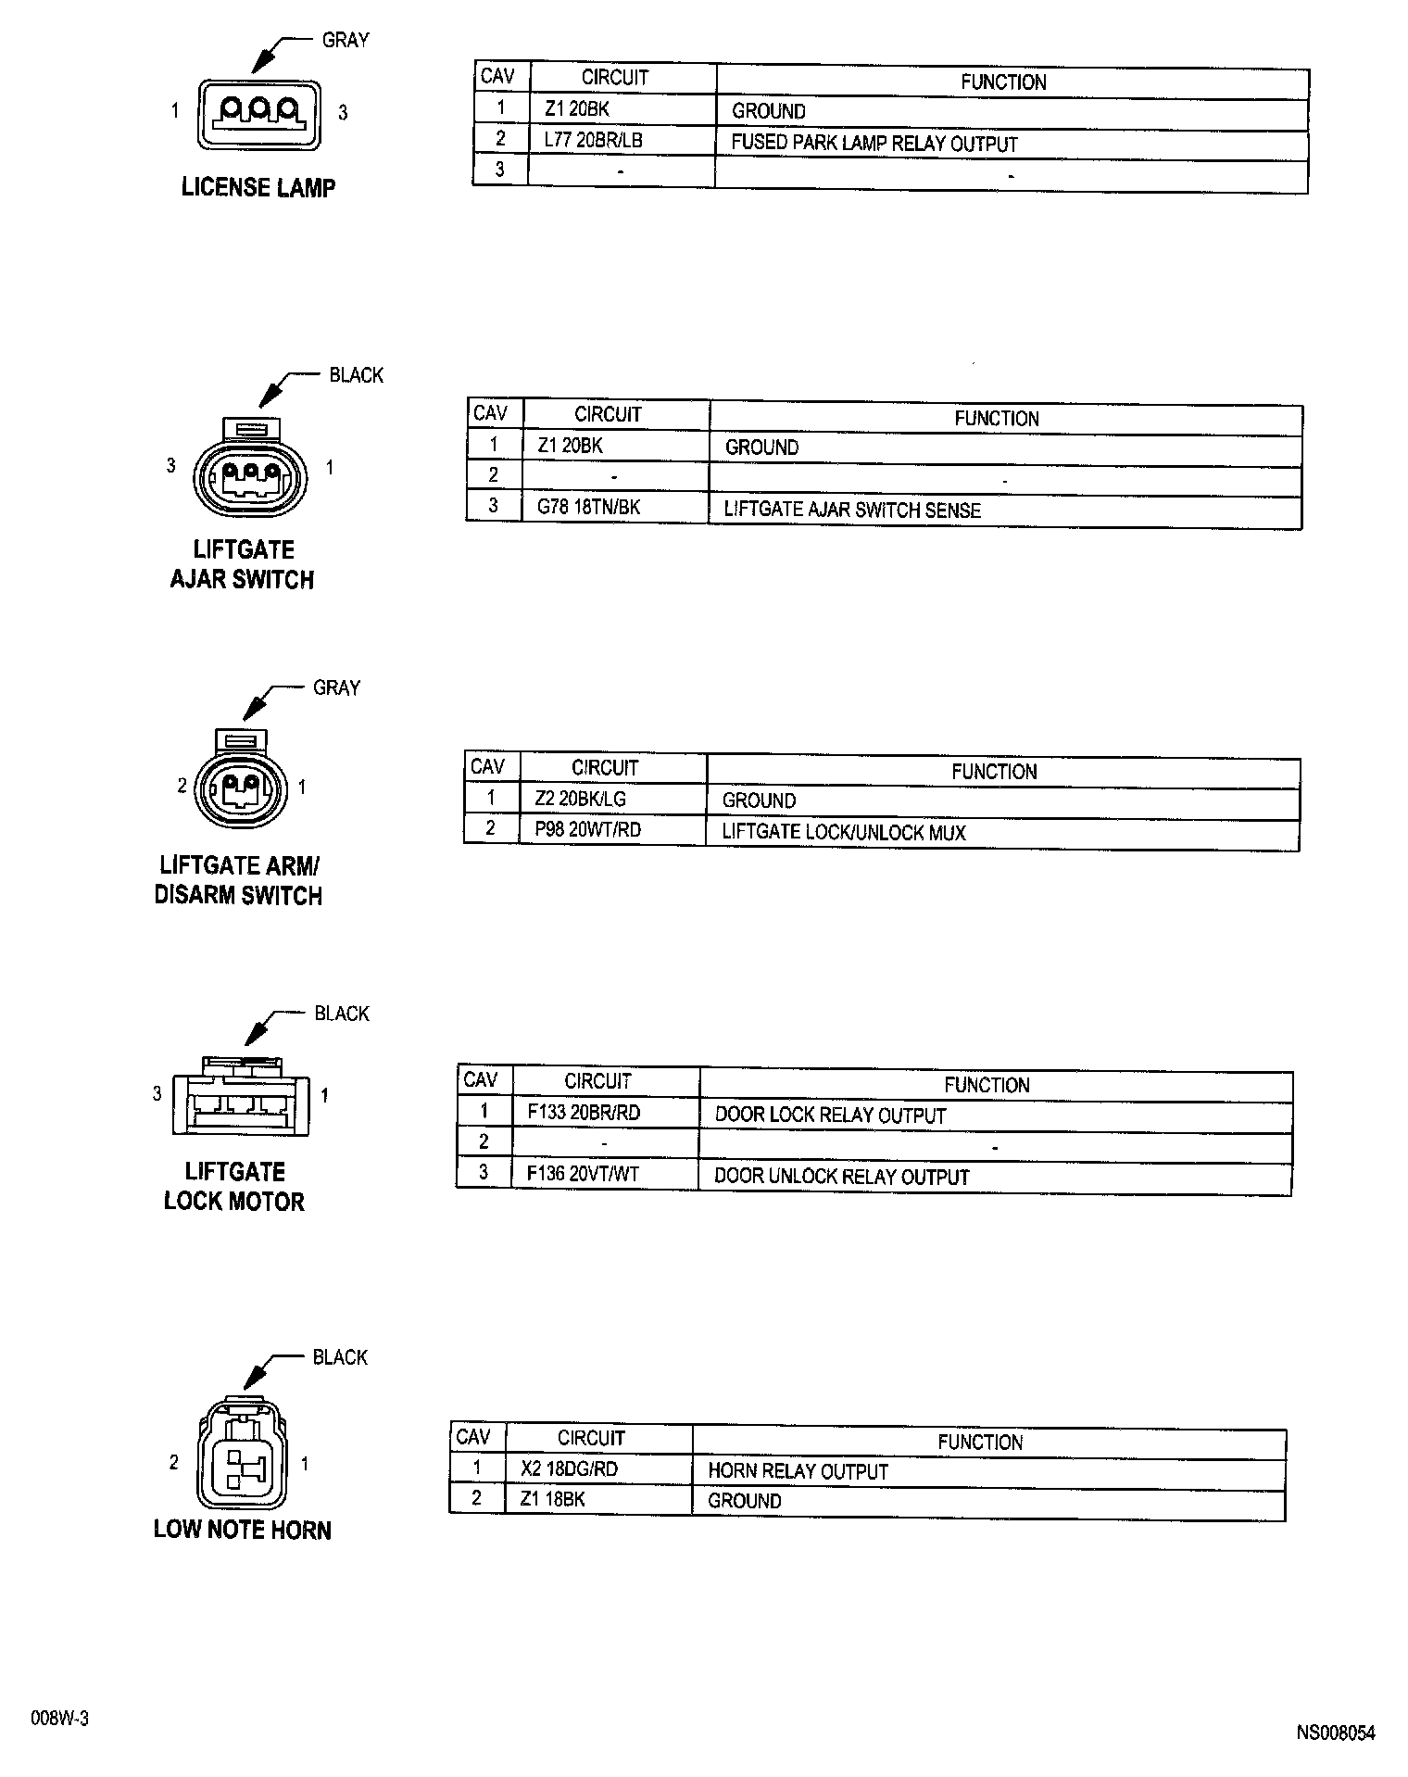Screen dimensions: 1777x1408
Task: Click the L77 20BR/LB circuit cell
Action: point(594,141)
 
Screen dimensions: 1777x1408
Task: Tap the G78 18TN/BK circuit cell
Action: point(589,507)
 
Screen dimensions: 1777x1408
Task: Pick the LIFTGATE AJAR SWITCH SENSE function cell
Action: point(852,510)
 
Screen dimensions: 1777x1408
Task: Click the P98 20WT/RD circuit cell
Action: point(588,829)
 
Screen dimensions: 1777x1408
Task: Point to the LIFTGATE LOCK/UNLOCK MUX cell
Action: point(844,832)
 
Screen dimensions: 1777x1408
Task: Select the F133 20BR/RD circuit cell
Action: point(584,1113)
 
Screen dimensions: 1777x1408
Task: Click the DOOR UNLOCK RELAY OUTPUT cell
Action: point(841,1177)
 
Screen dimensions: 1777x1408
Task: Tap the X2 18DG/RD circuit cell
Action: point(569,1468)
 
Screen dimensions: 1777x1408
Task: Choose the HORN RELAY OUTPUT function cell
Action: point(798,1471)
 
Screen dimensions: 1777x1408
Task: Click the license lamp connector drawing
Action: point(258,114)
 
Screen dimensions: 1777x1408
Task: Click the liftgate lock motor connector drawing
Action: point(242,1097)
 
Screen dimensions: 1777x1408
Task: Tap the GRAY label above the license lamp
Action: point(345,40)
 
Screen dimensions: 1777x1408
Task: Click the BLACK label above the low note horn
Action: point(340,1357)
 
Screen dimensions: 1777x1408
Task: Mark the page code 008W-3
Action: point(60,1719)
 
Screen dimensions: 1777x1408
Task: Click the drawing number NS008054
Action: point(1335,1733)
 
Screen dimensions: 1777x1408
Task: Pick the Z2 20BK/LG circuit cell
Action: point(580,798)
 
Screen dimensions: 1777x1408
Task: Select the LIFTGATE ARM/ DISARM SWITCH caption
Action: point(239,881)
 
